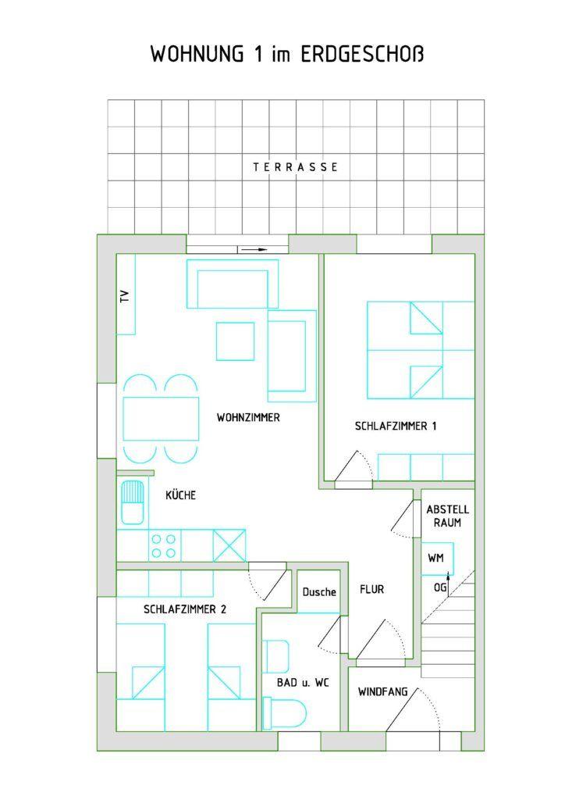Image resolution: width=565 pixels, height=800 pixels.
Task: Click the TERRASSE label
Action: (x=296, y=167)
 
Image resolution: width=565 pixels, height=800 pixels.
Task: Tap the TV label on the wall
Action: (x=125, y=297)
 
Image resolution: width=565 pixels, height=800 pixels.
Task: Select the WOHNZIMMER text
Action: (x=248, y=417)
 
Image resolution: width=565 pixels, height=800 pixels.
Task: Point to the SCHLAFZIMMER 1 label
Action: (x=396, y=426)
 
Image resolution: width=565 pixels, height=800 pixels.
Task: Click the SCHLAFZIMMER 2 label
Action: (x=185, y=609)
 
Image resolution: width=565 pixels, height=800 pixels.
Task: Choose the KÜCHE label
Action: (x=181, y=495)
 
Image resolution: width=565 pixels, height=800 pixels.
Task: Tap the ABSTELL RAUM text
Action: (x=448, y=516)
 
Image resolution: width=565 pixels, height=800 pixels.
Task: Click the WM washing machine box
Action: (x=437, y=559)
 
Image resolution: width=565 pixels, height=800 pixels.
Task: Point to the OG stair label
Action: (x=440, y=587)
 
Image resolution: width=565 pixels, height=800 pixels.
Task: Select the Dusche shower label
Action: (x=319, y=592)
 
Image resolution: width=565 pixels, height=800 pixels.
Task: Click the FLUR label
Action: (x=372, y=589)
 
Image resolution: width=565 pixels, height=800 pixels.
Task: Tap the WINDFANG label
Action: (x=382, y=692)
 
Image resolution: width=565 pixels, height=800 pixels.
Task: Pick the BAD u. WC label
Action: (x=303, y=682)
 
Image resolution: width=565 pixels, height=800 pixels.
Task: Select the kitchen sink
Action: (x=132, y=502)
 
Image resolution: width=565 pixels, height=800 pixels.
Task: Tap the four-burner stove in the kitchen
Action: (x=164, y=545)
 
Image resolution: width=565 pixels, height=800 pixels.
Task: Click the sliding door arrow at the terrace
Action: (x=254, y=249)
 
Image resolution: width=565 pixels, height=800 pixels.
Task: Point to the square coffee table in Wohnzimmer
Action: (x=236, y=341)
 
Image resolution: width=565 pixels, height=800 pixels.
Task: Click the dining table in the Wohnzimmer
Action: (x=161, y=419)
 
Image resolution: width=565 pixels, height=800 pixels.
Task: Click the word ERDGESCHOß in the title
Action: (x=362, y=54)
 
